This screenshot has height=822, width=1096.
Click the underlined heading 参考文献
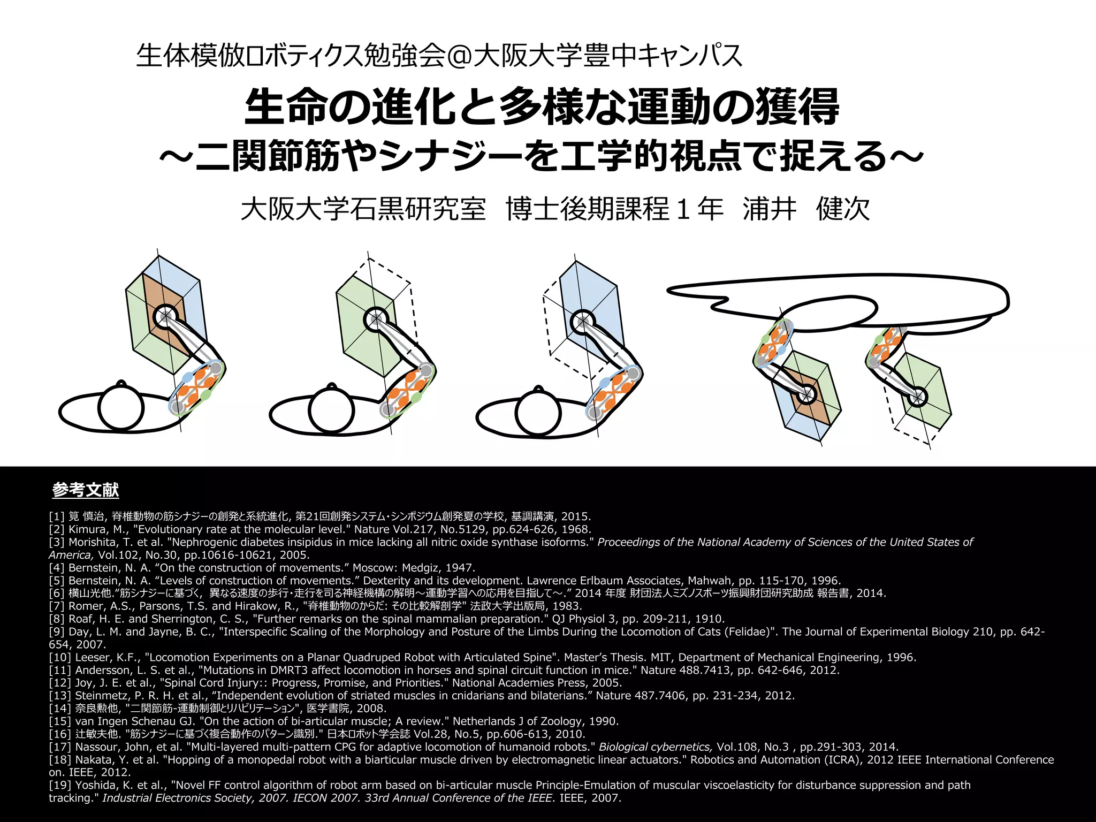point(86,490)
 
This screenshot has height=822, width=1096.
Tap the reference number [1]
point(57,516)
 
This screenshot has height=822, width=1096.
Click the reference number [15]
point(60,721)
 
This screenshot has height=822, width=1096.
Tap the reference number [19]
point(60,786)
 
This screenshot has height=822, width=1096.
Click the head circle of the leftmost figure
point(121,408)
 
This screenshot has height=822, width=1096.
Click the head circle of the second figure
point(332,410)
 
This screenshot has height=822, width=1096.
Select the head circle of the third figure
point(538,413)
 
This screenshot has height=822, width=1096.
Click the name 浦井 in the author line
point(770,209)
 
